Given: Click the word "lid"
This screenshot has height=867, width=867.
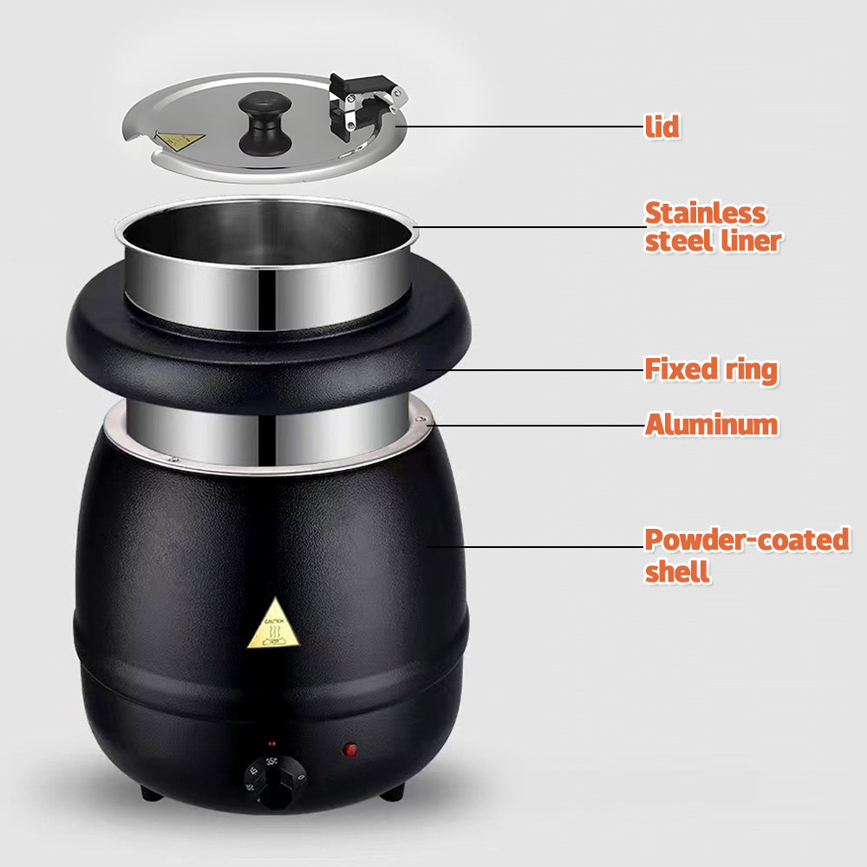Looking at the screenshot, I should tap(662, 127).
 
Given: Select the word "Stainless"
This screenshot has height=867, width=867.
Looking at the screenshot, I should tap(705, 213).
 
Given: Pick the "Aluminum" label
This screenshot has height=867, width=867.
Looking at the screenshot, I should tap(711, 425).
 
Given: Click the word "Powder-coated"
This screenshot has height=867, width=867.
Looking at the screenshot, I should tap(746, 540).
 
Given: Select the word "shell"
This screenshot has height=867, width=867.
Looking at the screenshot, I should tap(677, 571).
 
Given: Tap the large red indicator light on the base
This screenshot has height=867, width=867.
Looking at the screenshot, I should tap(350, 748).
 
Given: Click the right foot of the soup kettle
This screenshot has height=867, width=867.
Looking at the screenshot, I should tap(393, 791).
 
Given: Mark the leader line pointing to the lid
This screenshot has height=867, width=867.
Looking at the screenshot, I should tap(520, 127).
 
